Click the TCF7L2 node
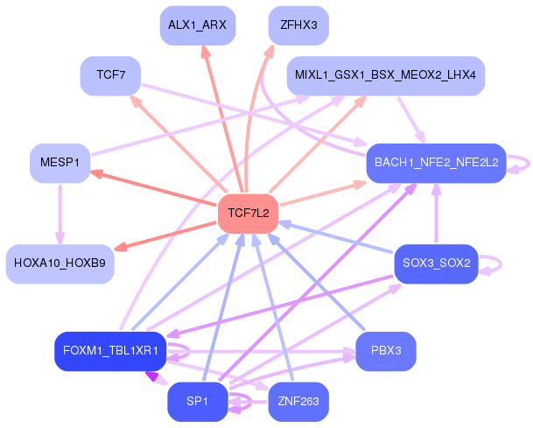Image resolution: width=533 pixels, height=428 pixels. [248, 213]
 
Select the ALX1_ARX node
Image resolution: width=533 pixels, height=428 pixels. [197, 25]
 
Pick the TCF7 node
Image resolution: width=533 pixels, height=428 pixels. [110, 76]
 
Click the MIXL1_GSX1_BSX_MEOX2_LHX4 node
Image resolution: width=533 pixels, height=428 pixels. [385, 76]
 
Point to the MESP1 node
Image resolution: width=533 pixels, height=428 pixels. [60, 162]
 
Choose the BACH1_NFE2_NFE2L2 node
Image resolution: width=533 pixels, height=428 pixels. [436, 162]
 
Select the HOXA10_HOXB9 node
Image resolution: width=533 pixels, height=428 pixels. [60, 263]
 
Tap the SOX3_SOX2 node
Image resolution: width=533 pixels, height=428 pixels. [436, 263]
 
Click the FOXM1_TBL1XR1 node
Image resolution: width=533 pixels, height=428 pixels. [110, 351]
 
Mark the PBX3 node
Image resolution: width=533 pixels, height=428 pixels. [385, 351]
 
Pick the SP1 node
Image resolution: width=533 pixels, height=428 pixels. [197, 402]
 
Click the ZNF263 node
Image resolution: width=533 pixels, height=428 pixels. [298, 402]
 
